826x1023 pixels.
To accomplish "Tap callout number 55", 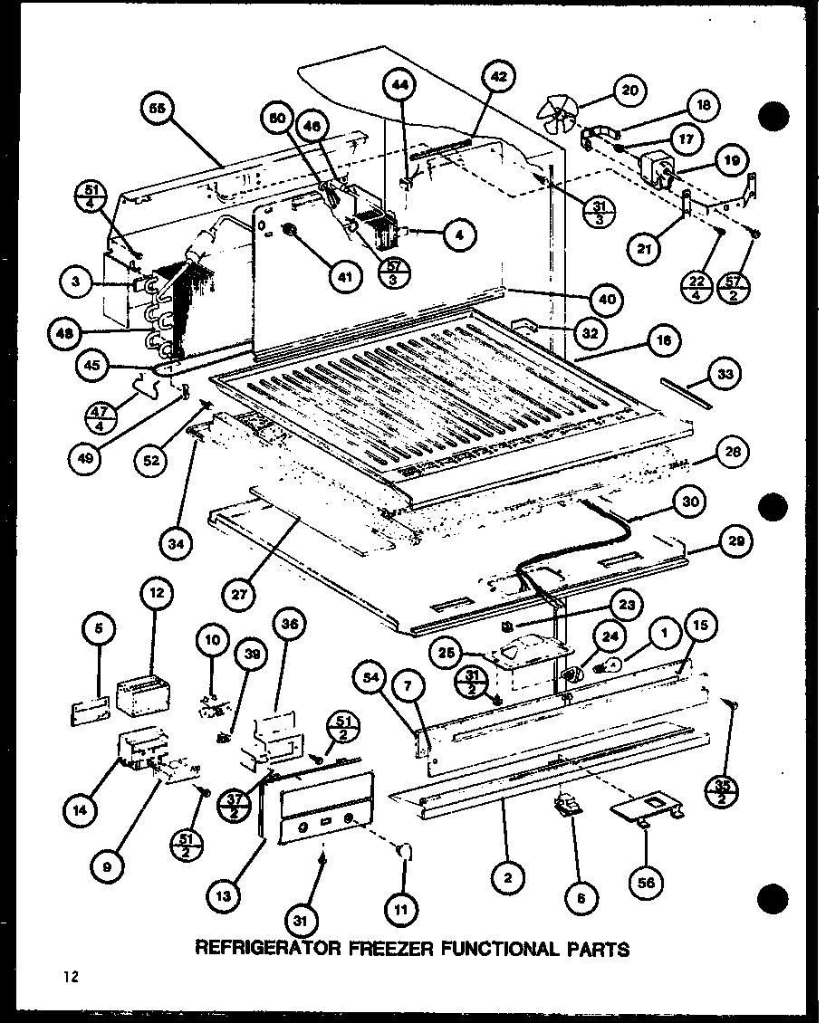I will [x=158, y=110].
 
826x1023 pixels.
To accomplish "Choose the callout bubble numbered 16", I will [x=664, y=341].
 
